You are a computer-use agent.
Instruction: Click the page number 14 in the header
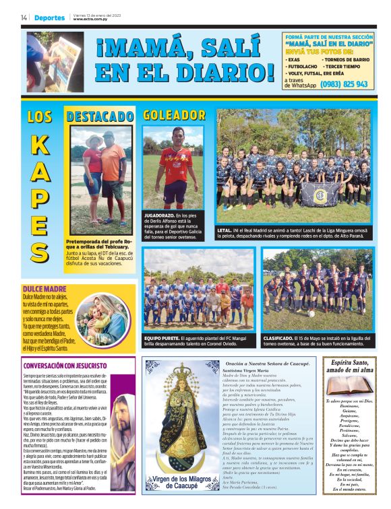tap(24, 18)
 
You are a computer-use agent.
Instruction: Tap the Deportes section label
tap(50, 18)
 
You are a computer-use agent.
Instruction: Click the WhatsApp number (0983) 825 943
tap(344, 84)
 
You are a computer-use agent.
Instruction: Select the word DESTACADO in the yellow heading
tap(100, 116)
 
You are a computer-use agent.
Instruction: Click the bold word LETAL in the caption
tap(224, 229)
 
